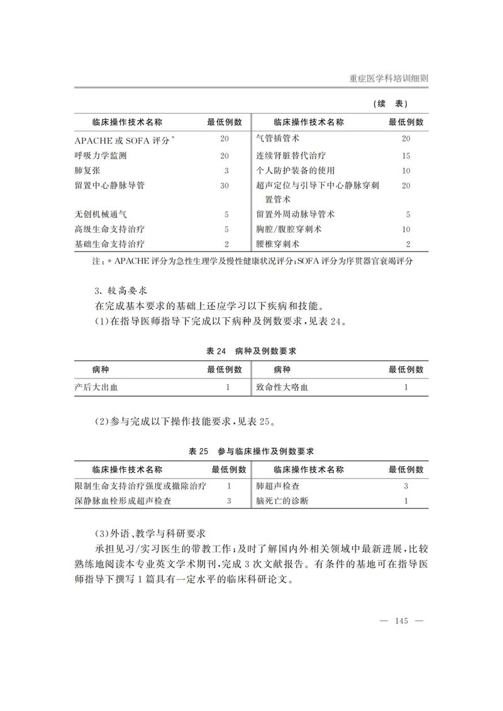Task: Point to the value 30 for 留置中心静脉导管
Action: (x=224, y=185)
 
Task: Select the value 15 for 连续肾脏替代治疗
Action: (x=406, y=155)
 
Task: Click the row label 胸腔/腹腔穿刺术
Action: (x=289, y=229)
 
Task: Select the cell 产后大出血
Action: (x=96, y=387)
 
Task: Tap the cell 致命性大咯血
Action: (x=282, y=387)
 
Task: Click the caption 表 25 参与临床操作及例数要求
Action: (x=251, y=451)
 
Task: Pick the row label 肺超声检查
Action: (x=277, y=486)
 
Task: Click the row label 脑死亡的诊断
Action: (x=282, y=501)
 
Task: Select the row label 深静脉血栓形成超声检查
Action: (x=124, y=501)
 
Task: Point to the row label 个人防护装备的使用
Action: (x=296, y=170)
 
